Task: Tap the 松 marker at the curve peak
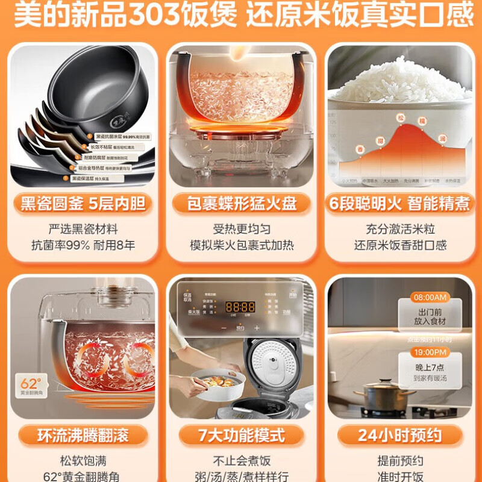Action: pyautogui.click(x=399, y=118)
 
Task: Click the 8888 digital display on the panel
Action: pyautogui.click(x=240, y=307)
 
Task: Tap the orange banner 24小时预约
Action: pyautogui.click(x=399, y=435)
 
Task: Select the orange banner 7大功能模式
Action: pyautogui.click(x=242, y=435)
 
